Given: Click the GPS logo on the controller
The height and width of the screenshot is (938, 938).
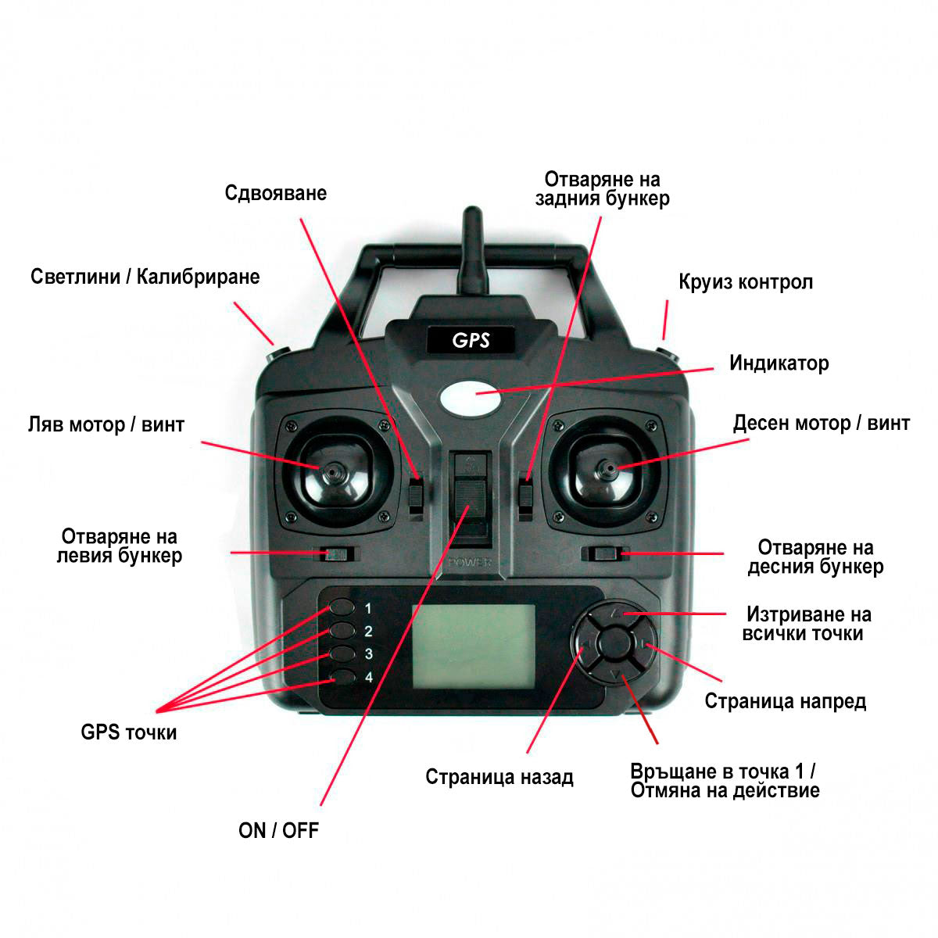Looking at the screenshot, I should pos(471,340).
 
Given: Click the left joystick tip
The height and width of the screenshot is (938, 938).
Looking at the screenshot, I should pos(333,472).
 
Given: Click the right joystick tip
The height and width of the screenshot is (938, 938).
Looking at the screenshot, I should pos(607,470).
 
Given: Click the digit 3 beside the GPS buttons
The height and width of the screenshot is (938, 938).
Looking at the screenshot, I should pos(369,654).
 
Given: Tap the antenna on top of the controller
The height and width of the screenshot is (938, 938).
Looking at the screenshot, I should pos(474,250).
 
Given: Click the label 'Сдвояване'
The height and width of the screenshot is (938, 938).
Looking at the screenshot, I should pos(276,193).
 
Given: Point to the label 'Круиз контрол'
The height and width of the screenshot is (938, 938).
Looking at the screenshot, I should pos(746,282).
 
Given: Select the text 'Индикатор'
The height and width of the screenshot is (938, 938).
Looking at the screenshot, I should pos(779,363).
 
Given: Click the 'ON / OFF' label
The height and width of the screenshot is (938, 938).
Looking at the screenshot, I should pos(278,830).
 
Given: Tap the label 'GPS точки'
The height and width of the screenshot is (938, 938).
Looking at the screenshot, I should pos(129,732).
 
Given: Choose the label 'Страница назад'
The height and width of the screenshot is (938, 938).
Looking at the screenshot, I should pos(499,777).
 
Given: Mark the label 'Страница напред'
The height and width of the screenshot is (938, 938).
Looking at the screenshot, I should pos(786,701).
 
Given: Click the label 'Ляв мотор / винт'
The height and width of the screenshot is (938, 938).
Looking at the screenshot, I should pos(106,424).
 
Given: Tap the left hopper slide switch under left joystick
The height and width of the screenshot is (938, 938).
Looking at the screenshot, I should pos(337,554).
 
